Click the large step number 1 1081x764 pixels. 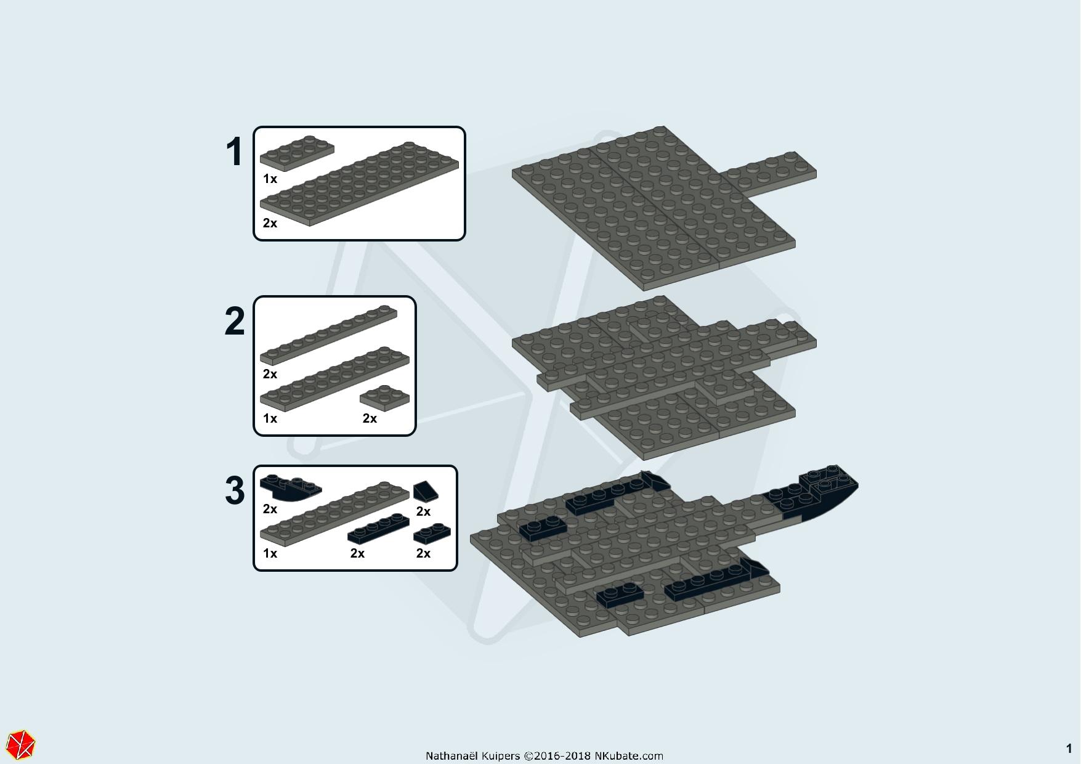click(x=234, y=152)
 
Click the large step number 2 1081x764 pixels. click(x=235, y=322)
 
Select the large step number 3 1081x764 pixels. click(x=235, y=491)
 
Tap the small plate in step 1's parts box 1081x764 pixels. click(x=297, y=153)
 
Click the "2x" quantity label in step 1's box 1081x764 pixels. click(x=270, y=223)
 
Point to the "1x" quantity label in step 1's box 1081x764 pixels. click(x=270, y=179)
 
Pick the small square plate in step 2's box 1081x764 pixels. click(x=385, y=398)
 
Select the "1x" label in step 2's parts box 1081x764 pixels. click(x=270, y=418)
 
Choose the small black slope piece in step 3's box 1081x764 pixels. click(x=426, y=492)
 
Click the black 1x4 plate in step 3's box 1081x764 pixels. click(x=378, y=529)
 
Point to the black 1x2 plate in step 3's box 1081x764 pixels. click(x=432, y=534)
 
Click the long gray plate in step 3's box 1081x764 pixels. click(x=334, y=513)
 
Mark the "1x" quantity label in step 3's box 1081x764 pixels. click(x=270, y=553)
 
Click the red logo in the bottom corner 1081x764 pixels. click(x=22, y=744)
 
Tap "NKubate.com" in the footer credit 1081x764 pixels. click(x=628, y=756)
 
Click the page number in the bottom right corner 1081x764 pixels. click(x=1069, y=749)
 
